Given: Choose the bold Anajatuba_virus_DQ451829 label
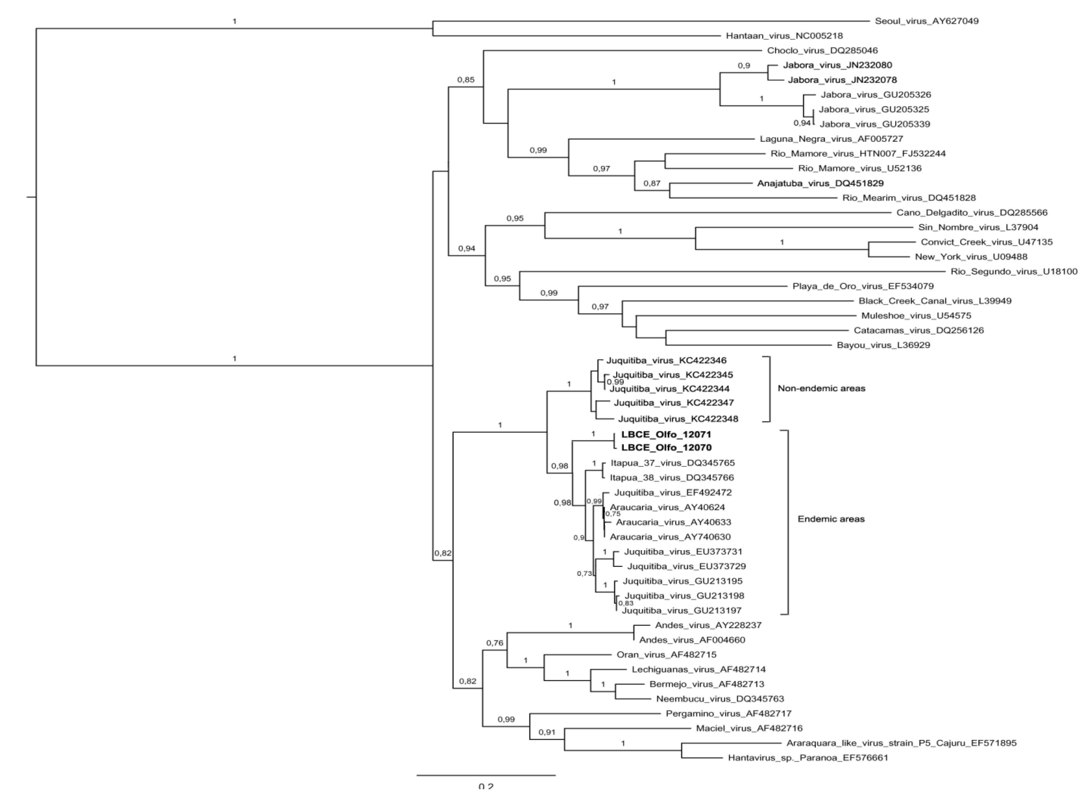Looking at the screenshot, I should tap(820, 183).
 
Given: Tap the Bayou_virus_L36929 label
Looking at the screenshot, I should tap(883, 345).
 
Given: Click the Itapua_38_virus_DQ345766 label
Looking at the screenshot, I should tap(672, 478).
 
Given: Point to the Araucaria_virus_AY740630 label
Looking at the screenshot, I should tap(670, 537).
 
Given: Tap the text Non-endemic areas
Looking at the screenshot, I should tap(821, 388).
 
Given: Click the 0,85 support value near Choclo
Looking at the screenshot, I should tap(466, 80).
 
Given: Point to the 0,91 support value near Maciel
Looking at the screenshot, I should tap(547, 732).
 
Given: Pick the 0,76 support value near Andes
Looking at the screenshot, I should tap(494, 643).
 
